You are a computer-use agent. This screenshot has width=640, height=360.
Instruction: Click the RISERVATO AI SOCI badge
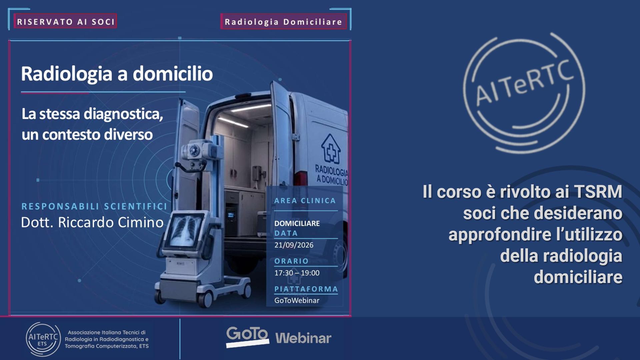coord(65,21)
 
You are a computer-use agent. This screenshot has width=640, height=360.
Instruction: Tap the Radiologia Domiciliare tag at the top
coord(283,22)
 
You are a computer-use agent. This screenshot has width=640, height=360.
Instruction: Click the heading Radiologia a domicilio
coord(117,74)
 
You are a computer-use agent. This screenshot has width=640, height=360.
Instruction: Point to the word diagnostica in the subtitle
coord(123,114)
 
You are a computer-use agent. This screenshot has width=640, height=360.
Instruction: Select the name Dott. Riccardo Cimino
coord(92,222)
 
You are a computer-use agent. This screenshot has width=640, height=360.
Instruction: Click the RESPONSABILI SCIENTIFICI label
coord(94,206)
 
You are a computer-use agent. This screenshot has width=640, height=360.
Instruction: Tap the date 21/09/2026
coord(294,245)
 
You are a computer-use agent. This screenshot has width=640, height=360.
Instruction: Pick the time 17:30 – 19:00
coord(297,273)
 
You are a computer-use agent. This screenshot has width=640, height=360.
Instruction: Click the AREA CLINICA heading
coord(305,201)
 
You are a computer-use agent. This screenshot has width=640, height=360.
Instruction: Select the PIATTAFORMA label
coord(306,289)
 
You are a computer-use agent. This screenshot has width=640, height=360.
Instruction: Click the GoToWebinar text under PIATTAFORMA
coord(297,301)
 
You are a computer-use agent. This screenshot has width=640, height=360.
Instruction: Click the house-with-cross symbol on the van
coord(331,149)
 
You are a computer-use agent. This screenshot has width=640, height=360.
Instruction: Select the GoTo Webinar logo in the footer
coord(279,337)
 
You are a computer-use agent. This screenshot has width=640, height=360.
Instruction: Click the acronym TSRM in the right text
coord(598,192)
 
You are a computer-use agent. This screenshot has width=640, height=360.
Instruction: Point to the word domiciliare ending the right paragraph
coord(578,277)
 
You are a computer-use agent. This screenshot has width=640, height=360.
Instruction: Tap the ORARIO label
coord(291,261)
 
